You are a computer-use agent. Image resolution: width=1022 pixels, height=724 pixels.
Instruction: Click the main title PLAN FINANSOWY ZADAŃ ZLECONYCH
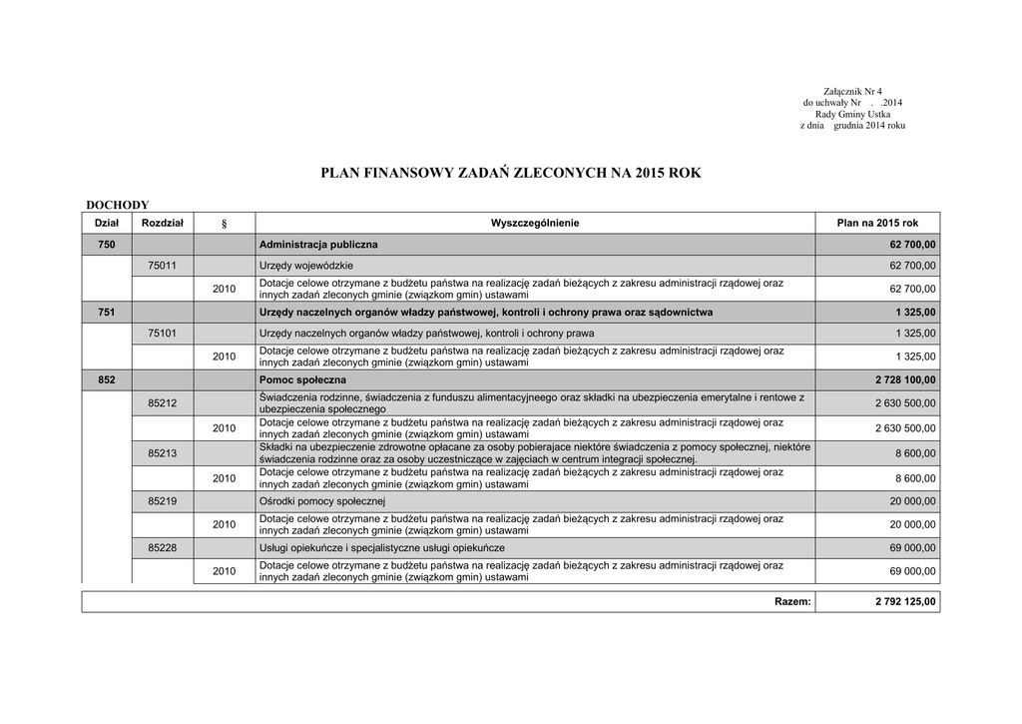tap(510, 173)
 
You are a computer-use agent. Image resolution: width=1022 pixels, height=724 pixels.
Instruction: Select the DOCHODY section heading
tap(117, 205)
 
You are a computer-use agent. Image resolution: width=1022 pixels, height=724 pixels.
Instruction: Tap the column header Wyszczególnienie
tap(534, 223)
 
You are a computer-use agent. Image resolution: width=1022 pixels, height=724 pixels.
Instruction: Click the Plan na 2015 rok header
tap(877, 223)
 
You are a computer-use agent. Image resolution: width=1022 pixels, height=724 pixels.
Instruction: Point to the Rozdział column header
tap(163, 223)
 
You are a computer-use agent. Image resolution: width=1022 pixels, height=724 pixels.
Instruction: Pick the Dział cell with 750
tap(107, 245)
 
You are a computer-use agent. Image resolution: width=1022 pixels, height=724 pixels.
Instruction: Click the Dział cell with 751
tap(107, 313)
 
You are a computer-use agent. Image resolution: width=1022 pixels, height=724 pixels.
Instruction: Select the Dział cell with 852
tap(107, 380)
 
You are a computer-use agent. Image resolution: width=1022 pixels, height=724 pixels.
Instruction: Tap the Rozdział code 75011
tap(163, 266)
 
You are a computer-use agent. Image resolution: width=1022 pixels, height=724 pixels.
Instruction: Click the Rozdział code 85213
tap(163, 453)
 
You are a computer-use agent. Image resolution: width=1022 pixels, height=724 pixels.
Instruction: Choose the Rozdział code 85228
tap(163, 548)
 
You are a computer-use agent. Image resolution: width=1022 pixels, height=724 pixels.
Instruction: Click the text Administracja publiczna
tap(318, 245)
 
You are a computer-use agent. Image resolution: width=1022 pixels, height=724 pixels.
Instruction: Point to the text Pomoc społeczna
tap(302, 380)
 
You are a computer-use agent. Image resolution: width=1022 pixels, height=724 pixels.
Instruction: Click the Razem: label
tap(792, 601)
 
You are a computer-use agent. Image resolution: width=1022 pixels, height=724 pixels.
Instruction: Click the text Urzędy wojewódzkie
tap(306, 266)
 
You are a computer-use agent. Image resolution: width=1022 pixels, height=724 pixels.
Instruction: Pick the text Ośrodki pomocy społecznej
tap(322, 501)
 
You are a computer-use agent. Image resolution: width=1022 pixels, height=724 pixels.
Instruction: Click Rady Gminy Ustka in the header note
tap(852, 114)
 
